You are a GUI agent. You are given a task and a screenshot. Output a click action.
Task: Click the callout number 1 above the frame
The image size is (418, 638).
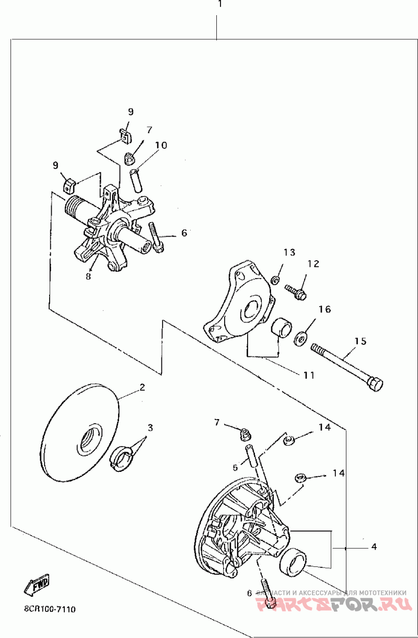(220, 4)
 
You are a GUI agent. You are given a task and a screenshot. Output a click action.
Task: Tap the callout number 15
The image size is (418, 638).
(361, 341)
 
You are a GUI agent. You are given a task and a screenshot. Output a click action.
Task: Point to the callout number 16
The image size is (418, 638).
(324, 309)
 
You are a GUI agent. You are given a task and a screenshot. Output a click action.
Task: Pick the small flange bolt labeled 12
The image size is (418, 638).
(295, 291)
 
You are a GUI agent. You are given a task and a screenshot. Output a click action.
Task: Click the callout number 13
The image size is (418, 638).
(289, 253)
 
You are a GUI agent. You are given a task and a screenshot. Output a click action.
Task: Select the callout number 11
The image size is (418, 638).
(308, 375)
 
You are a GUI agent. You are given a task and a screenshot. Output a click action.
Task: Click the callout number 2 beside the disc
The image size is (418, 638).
(141, 387)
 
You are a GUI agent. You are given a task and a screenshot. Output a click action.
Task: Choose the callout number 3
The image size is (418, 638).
(150, 427)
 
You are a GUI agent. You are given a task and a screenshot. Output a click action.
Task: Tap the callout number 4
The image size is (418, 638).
(374, 547)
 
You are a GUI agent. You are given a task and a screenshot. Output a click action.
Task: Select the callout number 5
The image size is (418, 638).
(236, 467)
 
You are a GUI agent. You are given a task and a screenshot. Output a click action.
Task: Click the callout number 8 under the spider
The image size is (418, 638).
(88, 275)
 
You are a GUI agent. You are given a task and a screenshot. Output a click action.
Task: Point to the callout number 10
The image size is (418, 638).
(161, 145)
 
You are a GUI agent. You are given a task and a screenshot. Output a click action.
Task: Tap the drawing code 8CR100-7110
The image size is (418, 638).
(50, 609)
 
